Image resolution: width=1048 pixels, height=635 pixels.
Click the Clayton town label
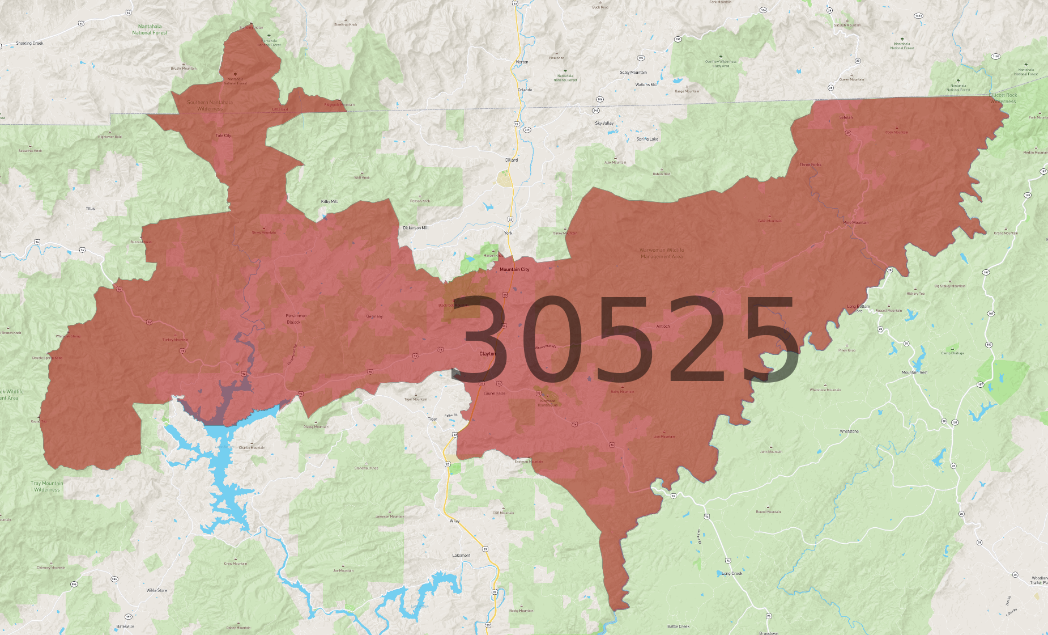(487, 354)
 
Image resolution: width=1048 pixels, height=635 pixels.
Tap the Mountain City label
(514, 269)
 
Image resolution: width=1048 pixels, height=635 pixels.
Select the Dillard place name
(512, 160)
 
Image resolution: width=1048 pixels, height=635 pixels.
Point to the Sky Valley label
(604, 123)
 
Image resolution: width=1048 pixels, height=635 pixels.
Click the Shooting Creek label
(29, 43)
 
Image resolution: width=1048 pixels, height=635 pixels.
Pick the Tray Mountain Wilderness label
(47, 486)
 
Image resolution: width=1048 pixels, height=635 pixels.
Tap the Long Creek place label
(732, 573)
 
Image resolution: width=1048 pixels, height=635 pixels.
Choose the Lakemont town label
(461, 555)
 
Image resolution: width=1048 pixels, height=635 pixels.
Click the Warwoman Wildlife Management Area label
(662, 253)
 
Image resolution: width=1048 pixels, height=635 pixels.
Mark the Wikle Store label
(157, 590)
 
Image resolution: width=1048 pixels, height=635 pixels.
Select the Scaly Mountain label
(633, 73)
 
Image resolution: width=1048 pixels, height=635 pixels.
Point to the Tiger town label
(432, 419)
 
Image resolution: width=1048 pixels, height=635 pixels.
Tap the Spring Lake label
(647, 139)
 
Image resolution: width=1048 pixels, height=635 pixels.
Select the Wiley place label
(454, 520)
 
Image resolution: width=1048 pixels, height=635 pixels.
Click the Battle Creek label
(678, 626)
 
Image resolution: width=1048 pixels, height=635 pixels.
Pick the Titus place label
(91, 209)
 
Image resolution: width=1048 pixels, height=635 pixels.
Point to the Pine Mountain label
(855, 222)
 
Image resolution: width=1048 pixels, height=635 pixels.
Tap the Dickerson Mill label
(416, 228)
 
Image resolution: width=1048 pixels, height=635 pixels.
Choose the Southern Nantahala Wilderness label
(210, 105)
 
